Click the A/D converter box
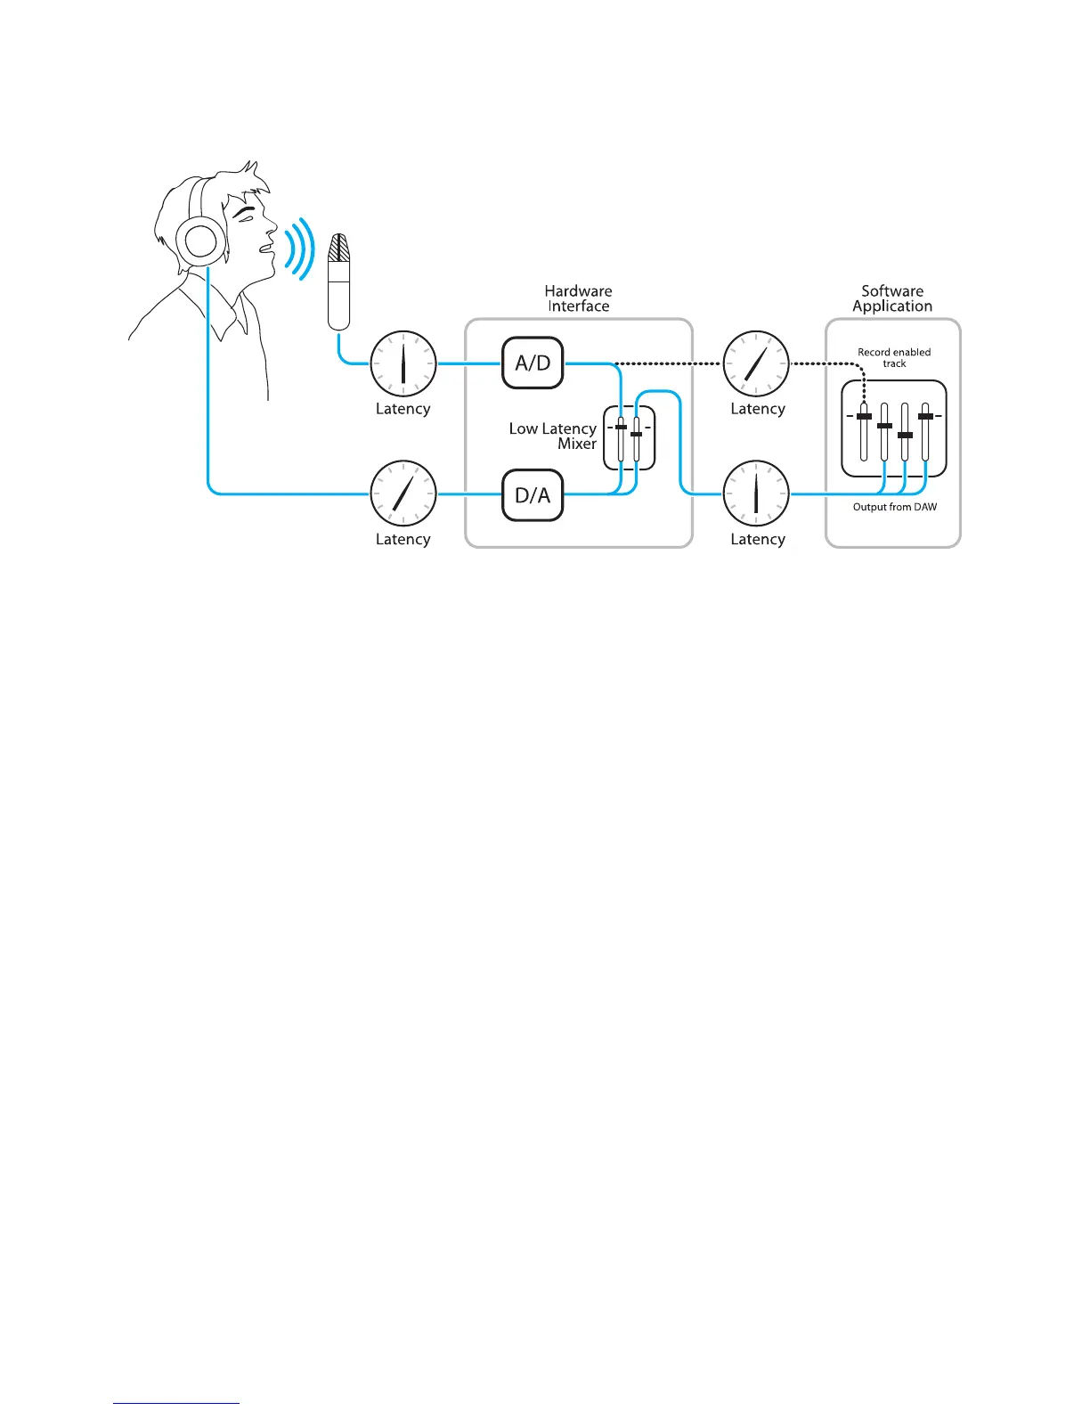coord(533,363)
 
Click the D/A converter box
coord(533,494)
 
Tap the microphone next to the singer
coord(338,281)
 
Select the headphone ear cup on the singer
coord(200,241)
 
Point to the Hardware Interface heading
coord(578,298)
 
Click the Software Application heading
coord(892,298)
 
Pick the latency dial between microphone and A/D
coord(403,363)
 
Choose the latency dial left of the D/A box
coord(403,493)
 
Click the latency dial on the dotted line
coord(756,363)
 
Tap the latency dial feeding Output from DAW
coord(756,493)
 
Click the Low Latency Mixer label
coord(553,436)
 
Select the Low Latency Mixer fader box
coord(630,437)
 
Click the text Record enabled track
coord(894,357)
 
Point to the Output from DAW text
coord(894,507)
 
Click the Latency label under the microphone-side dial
coord(403,409)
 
